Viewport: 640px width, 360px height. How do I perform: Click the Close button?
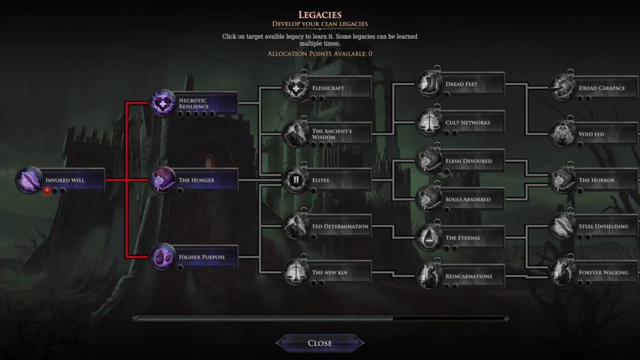(x=319, y=343)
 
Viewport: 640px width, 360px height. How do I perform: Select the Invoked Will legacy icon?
(x=29, y=179)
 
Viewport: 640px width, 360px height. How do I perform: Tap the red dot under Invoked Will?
(x=47, y=191)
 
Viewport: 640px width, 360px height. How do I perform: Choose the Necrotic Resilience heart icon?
(x=162, y=103)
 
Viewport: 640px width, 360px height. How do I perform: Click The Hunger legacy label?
(x=196, y=180)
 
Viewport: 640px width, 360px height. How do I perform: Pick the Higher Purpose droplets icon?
(x=162, y=257)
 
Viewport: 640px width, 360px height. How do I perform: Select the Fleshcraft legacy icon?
(x=296, y=87)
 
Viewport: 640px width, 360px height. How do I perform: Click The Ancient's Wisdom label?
(x=332, y=134)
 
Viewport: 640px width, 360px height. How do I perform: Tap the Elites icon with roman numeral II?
(x=296, y=179)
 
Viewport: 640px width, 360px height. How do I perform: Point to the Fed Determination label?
(x=340, y=226)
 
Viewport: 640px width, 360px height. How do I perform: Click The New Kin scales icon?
(x=296, y=272)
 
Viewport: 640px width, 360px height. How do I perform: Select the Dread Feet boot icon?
(x=429, y=84)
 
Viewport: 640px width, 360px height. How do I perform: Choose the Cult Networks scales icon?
(x=429, y=122)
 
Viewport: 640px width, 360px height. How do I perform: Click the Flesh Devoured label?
(x=469, y=161)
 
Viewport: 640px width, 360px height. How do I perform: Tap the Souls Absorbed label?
(x=467, y=199)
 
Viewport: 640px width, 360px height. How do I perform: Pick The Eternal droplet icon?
(x=429, y=237)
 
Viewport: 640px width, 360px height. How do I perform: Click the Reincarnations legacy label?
(x=469, y=276)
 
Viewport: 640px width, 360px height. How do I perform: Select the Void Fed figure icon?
(x=562, y=134)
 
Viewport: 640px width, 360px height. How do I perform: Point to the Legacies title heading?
(x=320, y=15)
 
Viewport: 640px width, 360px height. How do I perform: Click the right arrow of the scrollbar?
(x=506, y=318)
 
